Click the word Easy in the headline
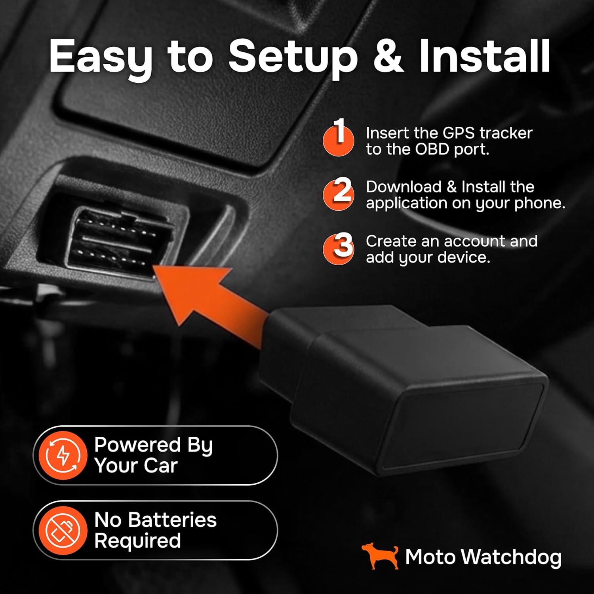tap(101, 57)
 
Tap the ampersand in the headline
tap(388, 56)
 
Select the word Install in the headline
tap(484, 56)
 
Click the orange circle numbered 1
tap(338, 140)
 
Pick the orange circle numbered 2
tap(338, 194)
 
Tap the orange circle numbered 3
tap(338, 249)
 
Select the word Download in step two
tap(404, 187)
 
